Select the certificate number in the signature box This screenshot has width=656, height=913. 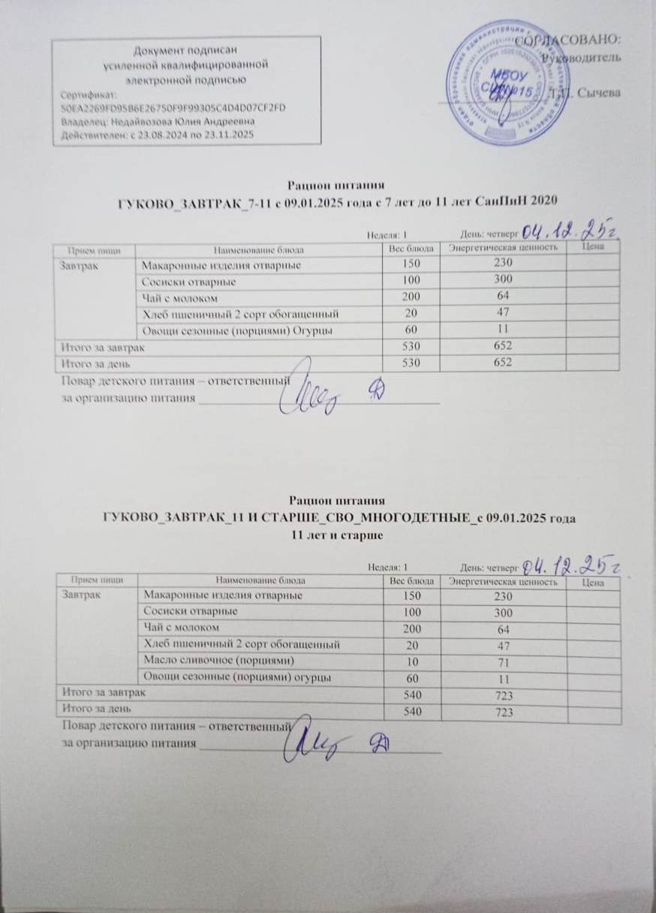tap(173, 107)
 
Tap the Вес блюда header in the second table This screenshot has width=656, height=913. tap(408, 581)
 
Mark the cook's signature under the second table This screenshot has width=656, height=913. tap(308, 738)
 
